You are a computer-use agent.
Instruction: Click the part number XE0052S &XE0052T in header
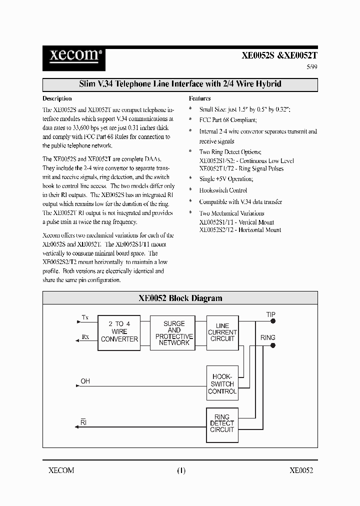click(279, 56)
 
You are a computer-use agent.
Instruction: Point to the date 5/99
click(311, 67)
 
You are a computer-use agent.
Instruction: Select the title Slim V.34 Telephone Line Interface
click(180, 84)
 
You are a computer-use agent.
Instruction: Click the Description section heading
click(57, 98)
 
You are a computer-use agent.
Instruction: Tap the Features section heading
click(199, 98)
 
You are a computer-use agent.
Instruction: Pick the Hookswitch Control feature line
click(223, 190)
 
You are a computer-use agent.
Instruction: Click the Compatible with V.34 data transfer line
click(240, 202)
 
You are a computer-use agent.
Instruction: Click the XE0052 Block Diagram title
click(180, 298)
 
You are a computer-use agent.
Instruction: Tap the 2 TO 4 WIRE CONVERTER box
click(119, 331)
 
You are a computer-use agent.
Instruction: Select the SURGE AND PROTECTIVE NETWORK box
click(174, 333)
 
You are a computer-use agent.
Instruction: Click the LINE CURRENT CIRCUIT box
click(222, 332)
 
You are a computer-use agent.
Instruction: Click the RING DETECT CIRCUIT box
click(222, 423)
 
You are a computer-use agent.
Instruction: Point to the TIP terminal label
click(270, 314)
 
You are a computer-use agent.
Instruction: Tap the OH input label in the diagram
click(85, 381)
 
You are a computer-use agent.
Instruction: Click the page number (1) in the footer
click(181, 470)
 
